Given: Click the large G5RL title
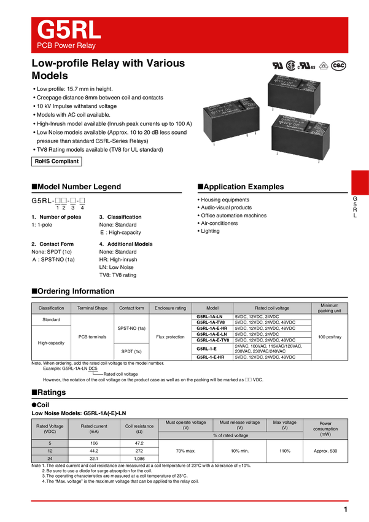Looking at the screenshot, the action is click(x=68, y=29).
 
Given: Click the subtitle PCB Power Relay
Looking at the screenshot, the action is click(x=66, y=46).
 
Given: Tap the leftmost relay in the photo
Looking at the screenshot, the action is click(x=230, y=119).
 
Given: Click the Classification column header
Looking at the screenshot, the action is click(x=51, y=308).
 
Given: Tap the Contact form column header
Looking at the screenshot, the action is click(x=132, y=308).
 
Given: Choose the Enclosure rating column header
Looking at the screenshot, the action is click(x=171, y=308).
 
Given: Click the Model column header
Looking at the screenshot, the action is click(x=212, y=308).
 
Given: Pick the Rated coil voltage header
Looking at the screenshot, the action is click(x=272, y=308).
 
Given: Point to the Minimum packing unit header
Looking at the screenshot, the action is click(x=330, y=308).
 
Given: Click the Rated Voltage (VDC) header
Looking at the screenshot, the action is click(x=50, y=429).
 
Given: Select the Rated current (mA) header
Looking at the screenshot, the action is click(x=94, y=429).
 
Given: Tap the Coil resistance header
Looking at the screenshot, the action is click(x=139, y=429).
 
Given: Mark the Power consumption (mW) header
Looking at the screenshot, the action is click(x=325, y=429).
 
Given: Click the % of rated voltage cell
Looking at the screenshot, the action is click(x=231, y=435).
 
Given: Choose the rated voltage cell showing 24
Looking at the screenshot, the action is click(x=50, y=459).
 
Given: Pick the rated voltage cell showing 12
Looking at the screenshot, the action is click(x=50, y=451).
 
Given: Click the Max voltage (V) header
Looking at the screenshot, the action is click(x=285, y=425).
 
